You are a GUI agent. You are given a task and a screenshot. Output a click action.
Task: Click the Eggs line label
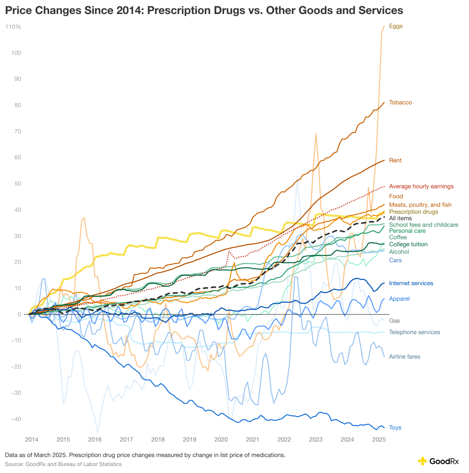[x=396, y=26]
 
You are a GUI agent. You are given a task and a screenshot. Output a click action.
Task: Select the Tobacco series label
[x=400, y=102]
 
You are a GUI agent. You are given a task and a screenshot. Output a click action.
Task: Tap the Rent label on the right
[x=395, y=160]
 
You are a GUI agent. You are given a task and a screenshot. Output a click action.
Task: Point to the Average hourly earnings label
[x=421, y=186]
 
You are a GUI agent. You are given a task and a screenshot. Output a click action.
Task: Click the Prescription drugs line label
[x=413, y=212]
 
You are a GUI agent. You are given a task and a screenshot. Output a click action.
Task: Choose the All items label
[x=400, y=218]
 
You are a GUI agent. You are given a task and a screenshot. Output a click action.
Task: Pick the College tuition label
[x=408, y=244]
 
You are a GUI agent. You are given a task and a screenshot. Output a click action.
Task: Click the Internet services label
[x=411, y=283]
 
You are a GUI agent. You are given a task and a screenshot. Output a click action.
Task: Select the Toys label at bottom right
[x=395, y=428]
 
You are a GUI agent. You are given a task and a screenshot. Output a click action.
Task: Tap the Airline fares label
[x=405, y=356]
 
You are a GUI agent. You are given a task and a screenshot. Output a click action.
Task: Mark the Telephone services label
[x=414, y=332]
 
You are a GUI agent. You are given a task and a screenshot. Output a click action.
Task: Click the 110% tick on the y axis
[x=13, y=27]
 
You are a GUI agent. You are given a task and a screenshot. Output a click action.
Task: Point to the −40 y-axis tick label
[x=14, y=419]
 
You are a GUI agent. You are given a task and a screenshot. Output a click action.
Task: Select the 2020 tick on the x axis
[x=221, y=439]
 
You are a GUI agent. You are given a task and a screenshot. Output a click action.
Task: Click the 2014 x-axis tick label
[x=32, y=439]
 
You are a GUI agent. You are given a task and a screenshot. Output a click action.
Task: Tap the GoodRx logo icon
[x=422, y=461]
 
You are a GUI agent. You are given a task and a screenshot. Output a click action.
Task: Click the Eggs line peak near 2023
[x=315, y=134]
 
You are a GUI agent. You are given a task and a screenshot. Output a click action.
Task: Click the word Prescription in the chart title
[x=177, y=10]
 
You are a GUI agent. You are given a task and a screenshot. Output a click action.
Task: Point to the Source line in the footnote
[x=63, y=464]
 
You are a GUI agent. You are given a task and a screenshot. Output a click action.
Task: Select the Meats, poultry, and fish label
[x=420, y=205]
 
